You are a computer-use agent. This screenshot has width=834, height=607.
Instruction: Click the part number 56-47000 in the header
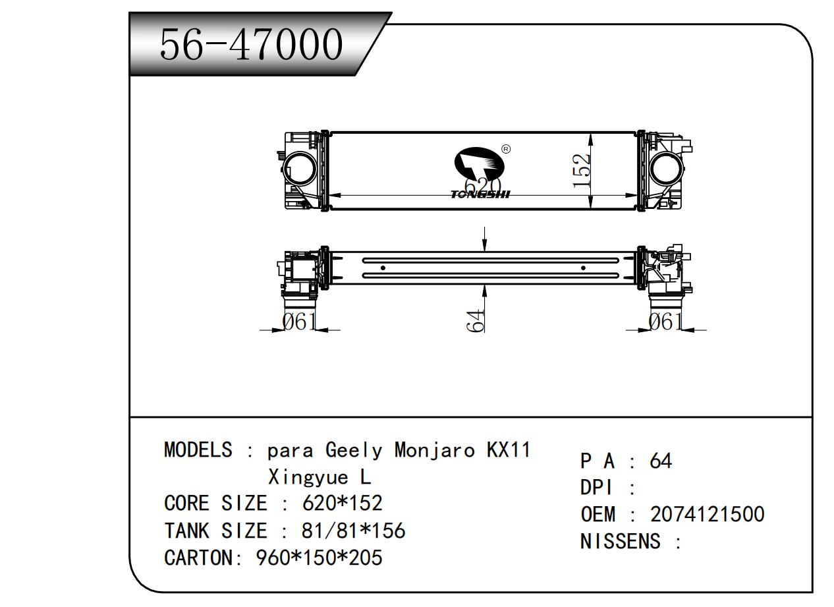coord(252,45)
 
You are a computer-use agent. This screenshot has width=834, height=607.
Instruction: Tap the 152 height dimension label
coord(582,171)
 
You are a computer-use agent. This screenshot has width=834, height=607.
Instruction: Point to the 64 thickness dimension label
coord(476,320)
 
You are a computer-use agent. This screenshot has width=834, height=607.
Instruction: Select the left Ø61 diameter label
coord(300,322)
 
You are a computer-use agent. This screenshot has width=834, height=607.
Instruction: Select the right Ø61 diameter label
coord(665,322)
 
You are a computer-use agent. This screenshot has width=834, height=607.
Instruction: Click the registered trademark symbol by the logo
coord(506,149)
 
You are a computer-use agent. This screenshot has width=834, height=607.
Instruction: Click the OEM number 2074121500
coord(707,514)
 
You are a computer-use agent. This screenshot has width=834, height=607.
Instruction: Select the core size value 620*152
coord(342,504)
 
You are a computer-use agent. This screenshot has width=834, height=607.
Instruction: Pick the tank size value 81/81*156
coord(354,531)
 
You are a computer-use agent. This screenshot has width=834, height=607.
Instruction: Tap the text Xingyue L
coord(319,477)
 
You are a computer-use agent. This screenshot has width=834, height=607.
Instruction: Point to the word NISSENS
coord(620,541)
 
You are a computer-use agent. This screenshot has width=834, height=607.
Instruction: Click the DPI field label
coord(597,488)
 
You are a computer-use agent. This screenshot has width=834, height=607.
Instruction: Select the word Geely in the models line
coord(353,451)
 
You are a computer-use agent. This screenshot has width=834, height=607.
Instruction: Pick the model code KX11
coord(508,450)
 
